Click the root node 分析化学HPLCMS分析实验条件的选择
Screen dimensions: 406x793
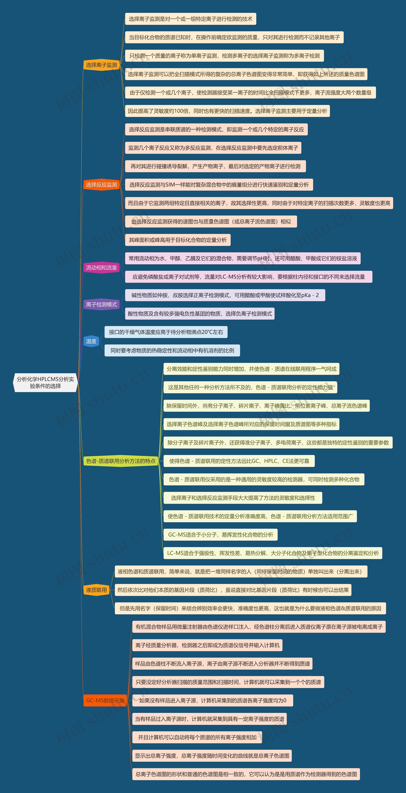(45, 383)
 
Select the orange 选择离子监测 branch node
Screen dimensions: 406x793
(101, 65)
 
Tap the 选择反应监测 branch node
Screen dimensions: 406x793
(101, 185)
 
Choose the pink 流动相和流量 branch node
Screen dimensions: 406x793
(101, 267)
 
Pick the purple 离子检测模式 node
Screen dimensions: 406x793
(101, 304)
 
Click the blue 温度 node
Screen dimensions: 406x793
(91, 341)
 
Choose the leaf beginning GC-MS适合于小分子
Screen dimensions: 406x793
(220, 535)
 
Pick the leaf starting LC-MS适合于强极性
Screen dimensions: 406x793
(273, 553)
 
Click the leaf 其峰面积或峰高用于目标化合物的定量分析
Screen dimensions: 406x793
(178, 240)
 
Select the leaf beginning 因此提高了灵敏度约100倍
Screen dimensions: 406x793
(227, 111)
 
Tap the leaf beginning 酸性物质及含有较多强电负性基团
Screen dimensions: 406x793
(200, 314)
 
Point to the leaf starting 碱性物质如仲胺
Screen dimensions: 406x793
(225, 295)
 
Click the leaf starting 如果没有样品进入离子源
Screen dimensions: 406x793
(213, 700)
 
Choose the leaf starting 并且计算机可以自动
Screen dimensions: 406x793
(197, 737)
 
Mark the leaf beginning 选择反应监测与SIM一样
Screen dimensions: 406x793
(219, 185)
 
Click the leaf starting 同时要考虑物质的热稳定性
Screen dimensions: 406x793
(172, 350)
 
